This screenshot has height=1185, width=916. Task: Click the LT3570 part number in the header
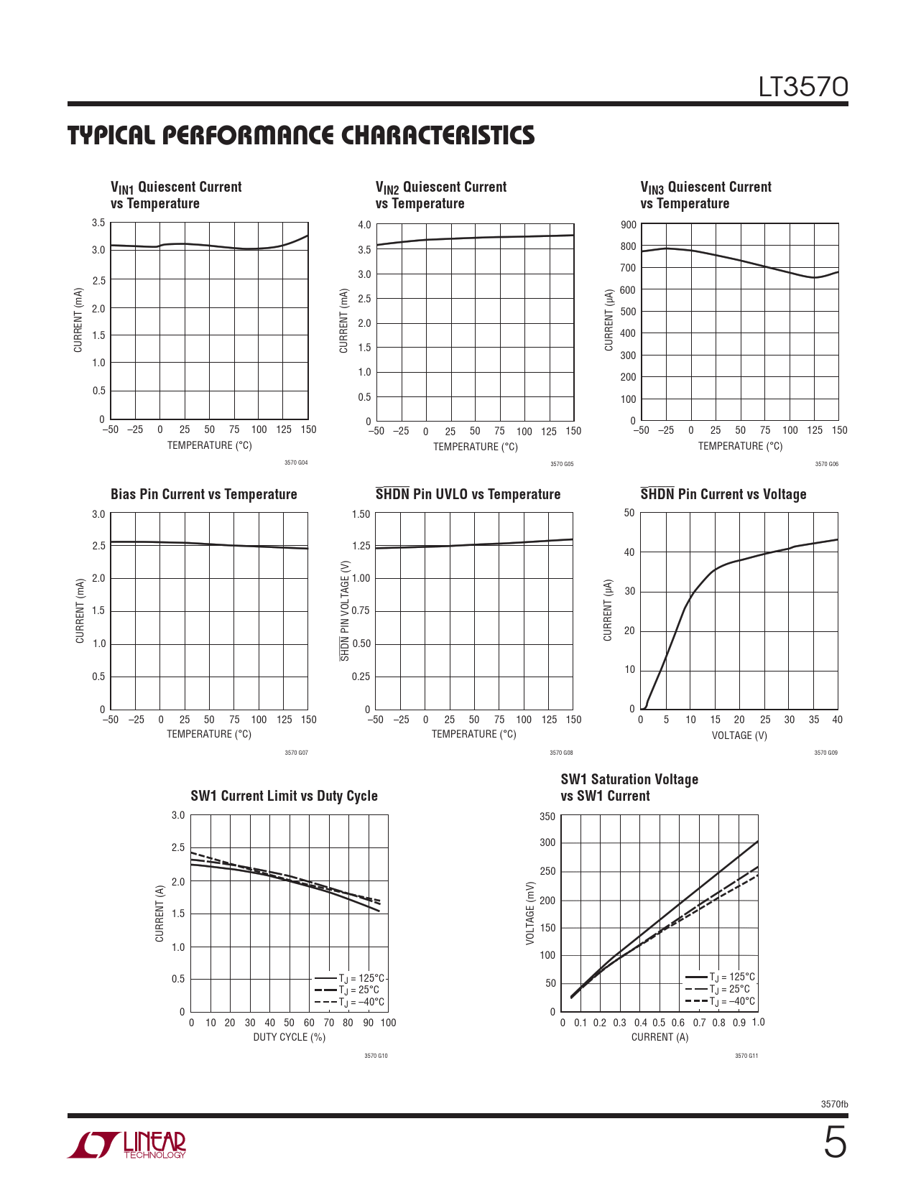pyautogui.click(x=803, y=87)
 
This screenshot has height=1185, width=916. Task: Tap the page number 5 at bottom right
pyautogui.click(x=834, y=1143)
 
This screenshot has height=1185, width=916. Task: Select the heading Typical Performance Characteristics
pyautogui.click(x=301, y=136)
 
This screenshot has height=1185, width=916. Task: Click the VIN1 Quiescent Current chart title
pyautogui.click(x=176, y=195)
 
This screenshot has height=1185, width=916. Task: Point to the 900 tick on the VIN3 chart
pyautogui.click(x=628, y=225)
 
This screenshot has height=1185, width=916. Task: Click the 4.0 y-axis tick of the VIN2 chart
pyautogui.click(x=364, y=225)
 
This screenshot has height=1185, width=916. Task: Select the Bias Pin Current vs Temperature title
pyautogui.click(x=203, y=494)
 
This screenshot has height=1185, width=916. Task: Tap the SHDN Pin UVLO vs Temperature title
pyautogui.click(x=468, y=494)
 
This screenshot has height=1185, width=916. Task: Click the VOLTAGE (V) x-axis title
pyautogui.click(x=739, y=735)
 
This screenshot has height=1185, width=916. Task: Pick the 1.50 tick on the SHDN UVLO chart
pyautogui.click(x=361, y=514)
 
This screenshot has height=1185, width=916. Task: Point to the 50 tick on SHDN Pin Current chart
pyautogui.click(x=629, y=513)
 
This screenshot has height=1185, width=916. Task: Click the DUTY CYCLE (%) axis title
pyautogui.click(x=289, y=1037)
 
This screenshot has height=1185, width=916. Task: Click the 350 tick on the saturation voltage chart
pyautogui.click(x=547, y=817)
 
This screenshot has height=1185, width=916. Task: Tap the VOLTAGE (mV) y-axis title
pyautogui.click(x=530, y=913)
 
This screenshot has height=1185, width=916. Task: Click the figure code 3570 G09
pyautogui.click(x=825, y=753)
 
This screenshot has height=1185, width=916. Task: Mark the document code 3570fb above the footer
pyautogui.click(x=834, y=1105)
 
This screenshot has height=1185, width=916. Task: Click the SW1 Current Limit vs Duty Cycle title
pyautogui.click(x=284, y=796)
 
